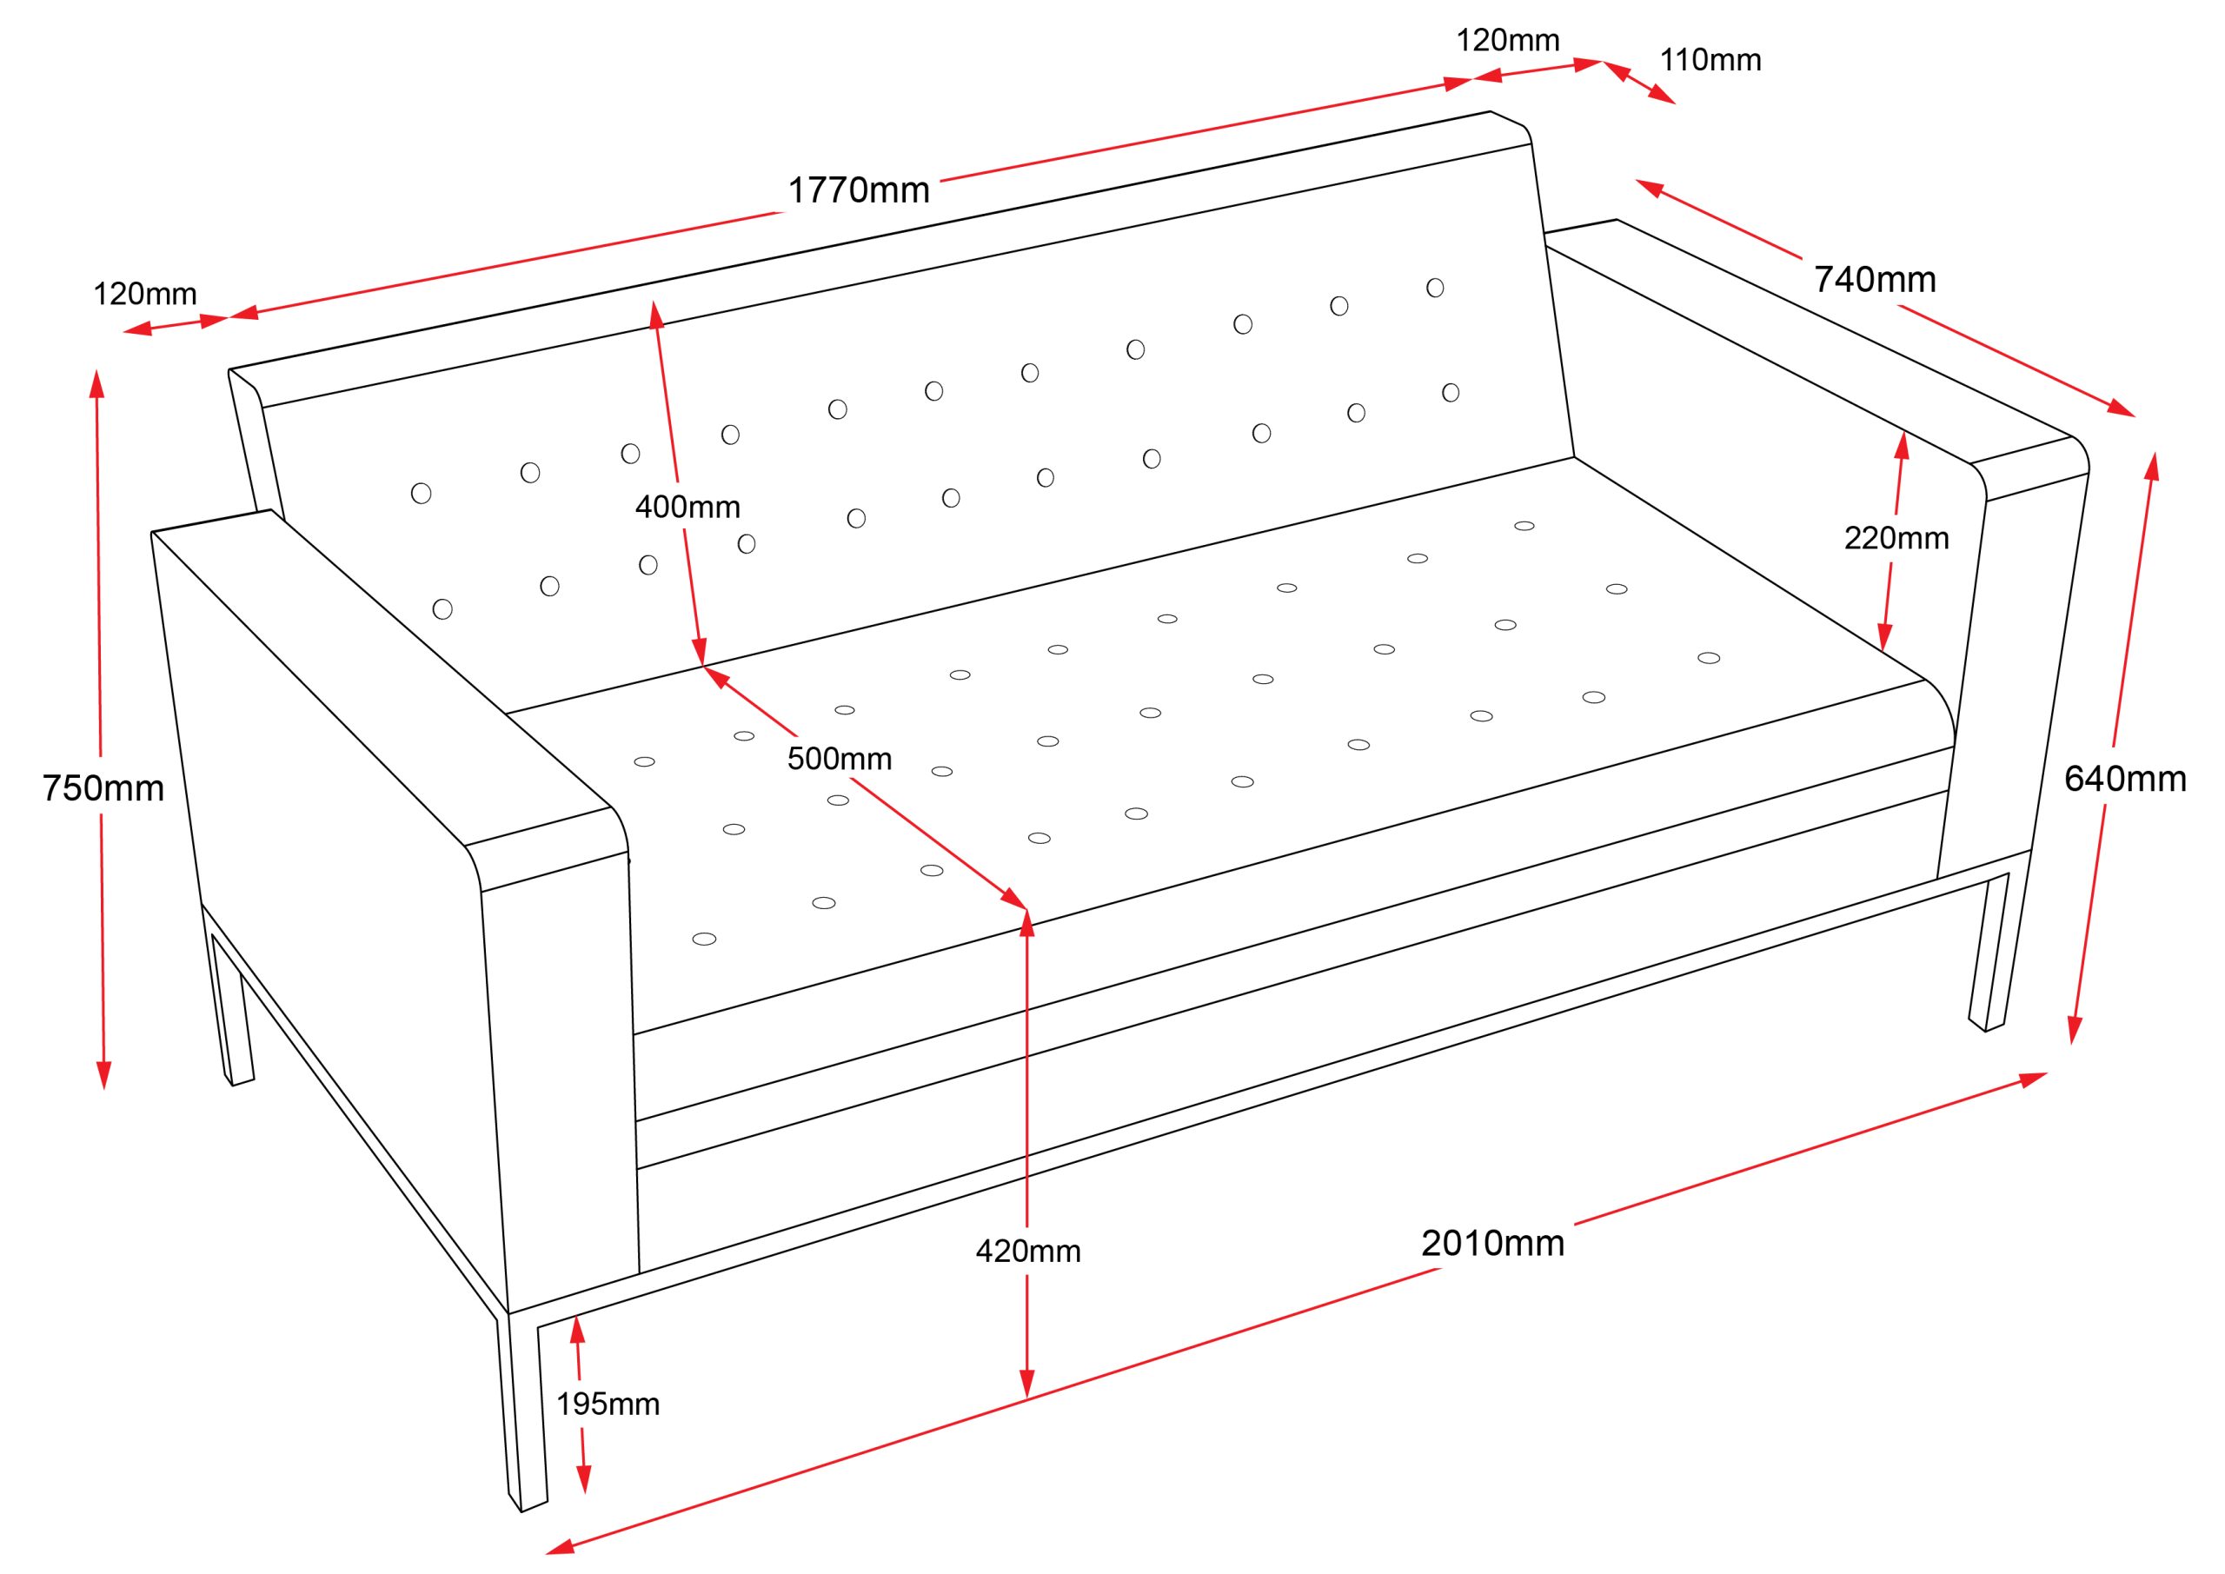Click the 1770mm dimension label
858,190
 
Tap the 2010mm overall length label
1492,1243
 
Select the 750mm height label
103,789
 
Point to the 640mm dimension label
2124,778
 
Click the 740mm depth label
1874,279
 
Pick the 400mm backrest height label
687,507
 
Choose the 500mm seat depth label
840,758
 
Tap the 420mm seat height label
1027,1252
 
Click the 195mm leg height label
608,1404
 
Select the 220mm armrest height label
1896,538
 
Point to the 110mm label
1710,60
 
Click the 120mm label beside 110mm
1508,40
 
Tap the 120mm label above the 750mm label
144,294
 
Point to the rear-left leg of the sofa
234,1008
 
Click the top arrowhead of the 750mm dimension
96,381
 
